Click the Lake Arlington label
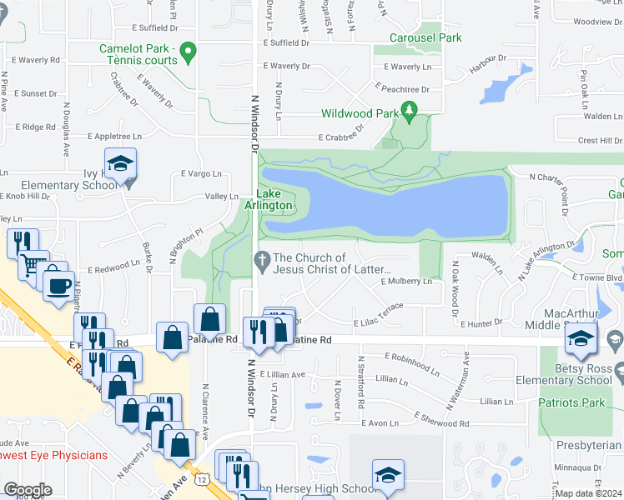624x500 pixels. point(269,199)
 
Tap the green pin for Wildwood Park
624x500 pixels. point(409,109)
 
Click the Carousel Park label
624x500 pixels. point(425,37)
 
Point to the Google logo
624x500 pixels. point(28,490)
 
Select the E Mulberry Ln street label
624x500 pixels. point(406,282)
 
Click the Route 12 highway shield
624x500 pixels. point(203,478)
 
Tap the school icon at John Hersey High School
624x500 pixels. point(386,474)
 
